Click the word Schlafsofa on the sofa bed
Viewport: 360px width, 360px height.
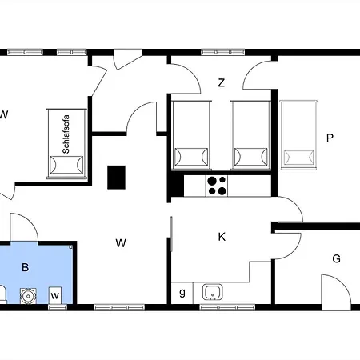(x=66, y=134)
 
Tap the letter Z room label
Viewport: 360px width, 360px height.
(x=222, y=83)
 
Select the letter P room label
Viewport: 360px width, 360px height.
(x=330, y=138)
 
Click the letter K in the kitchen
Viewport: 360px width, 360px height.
(x=222, y=237)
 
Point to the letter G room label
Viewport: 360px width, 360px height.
(x=337, y=258)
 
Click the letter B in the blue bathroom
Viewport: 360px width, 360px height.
(x=26, y=267)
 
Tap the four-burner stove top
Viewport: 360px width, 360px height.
(x=217, y=186)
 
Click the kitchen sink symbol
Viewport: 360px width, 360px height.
(x=213, y=292)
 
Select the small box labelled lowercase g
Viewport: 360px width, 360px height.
(x=182, y=293)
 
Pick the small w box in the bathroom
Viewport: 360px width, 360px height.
(x=55, y=295)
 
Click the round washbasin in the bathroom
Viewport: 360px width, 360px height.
(x=28, y=295)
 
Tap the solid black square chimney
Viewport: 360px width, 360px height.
(x=116, y=178)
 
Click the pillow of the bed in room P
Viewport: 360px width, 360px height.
(x=298, y=158)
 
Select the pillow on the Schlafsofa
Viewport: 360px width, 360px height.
(x=66, y=165)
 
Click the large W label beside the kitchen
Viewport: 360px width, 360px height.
(x=121, y=243)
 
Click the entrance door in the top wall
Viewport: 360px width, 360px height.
(x=127, y=60)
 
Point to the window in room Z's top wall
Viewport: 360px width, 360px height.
(x=223, y=52)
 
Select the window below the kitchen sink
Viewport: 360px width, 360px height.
(x=227, y=307)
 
